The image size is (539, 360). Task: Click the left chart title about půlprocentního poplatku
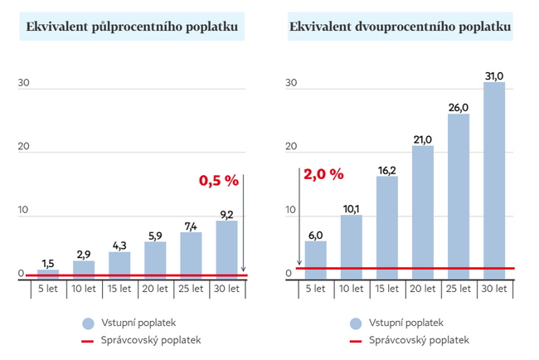pos(138,27)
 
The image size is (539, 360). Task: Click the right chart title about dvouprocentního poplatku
pos(400,27)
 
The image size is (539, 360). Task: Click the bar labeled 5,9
pos(155,258)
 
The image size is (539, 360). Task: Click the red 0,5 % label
pos(218,179)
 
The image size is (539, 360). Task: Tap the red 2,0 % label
pos(323,174)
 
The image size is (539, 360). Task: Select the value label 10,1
pos(351,208)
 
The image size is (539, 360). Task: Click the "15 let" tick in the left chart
pos(119,289)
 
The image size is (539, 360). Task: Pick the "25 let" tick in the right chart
pos(459,289)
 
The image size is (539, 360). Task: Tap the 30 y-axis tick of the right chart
pos(290,84)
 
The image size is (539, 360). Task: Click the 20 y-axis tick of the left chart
pos(24,147)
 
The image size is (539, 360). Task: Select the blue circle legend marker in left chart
pos(87,323)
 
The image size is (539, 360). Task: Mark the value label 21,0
pos(423,139)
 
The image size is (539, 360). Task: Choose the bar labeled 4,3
pos(119,264)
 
